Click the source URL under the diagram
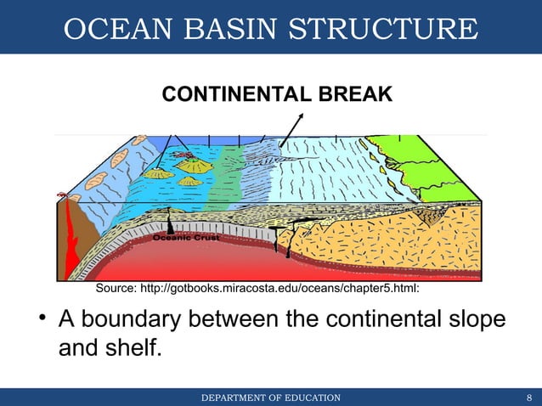pyautogui.click(x=289, y=290)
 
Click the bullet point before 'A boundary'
pyautogui.click(x=40, y=322)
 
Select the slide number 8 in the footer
pyautogui.click(x=528, y=398)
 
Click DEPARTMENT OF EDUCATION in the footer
pyautogui.click(x=270, y=398)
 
